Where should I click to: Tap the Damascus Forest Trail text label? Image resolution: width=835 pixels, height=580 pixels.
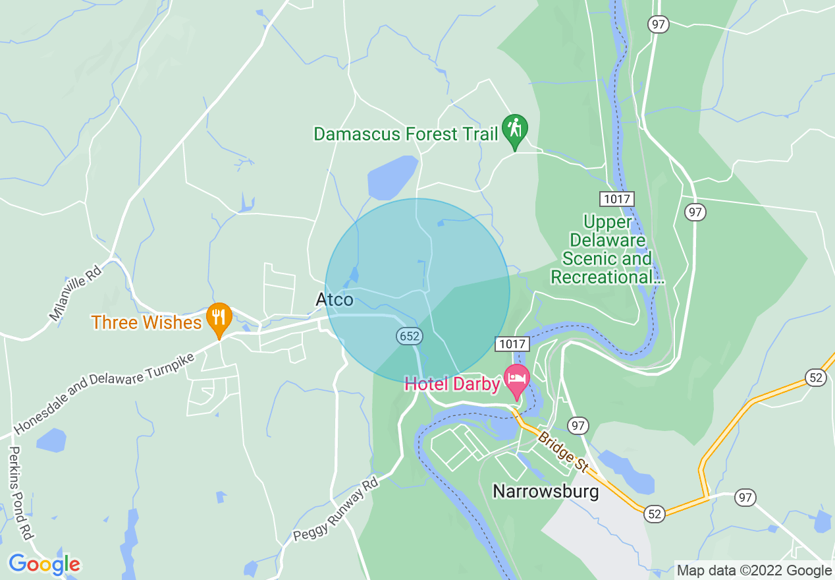click(x=406, y=134)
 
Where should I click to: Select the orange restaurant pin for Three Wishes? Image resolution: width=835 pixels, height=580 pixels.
click(x=219, y=318)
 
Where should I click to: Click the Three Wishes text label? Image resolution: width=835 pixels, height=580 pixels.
click(x=146, y=322)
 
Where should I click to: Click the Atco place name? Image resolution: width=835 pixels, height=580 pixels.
click(x=335, y=300)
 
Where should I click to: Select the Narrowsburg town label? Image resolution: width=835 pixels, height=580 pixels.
click(x=546, y=491)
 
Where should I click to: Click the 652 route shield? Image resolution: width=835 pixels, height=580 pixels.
click(x=408, y=336)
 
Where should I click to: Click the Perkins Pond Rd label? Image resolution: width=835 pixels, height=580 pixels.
click(x=21, y=492)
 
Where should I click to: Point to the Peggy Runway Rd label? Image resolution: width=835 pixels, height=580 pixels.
click(x=337, y=509)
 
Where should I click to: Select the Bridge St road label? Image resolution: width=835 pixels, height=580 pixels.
click(x=562, y=451)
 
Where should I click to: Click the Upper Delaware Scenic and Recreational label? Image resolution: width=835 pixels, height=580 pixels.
click(x=607, y=250)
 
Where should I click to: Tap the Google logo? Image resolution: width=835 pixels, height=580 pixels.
click(x=44, y=564)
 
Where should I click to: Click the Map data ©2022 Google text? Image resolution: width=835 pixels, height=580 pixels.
click(x=755, y=571)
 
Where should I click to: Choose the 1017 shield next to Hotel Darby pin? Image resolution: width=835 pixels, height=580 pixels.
click(x=512, y=343)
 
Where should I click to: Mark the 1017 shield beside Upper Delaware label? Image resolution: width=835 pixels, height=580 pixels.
click(x=616, y=198)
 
